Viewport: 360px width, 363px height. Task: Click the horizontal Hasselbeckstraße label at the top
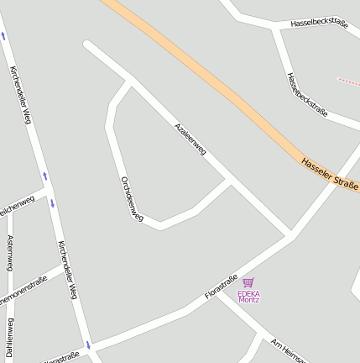coord(318,24)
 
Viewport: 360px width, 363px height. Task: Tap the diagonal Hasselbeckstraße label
coord(306,93)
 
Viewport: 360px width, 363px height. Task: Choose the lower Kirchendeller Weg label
coord(68,269)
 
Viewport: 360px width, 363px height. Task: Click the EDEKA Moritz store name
coord(249,297)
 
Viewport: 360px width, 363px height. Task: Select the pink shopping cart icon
coord(248,283)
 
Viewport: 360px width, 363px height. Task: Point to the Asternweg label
coord(9,253)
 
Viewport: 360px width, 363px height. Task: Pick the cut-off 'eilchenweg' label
coord(17,204)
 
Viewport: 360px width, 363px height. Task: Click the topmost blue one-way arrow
coord(3,35)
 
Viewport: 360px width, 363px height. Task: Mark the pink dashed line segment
coord(348,82)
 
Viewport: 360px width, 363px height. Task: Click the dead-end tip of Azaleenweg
coord(86,44)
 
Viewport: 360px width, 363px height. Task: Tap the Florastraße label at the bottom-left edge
coord(60,357)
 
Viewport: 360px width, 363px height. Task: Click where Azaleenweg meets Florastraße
coord(290,234)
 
